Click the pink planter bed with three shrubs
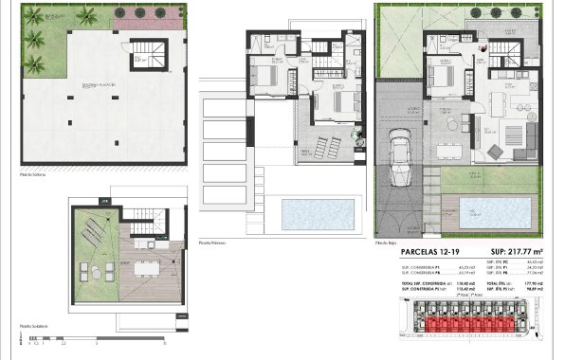coord(139,16)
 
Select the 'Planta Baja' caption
coord(386,243)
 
